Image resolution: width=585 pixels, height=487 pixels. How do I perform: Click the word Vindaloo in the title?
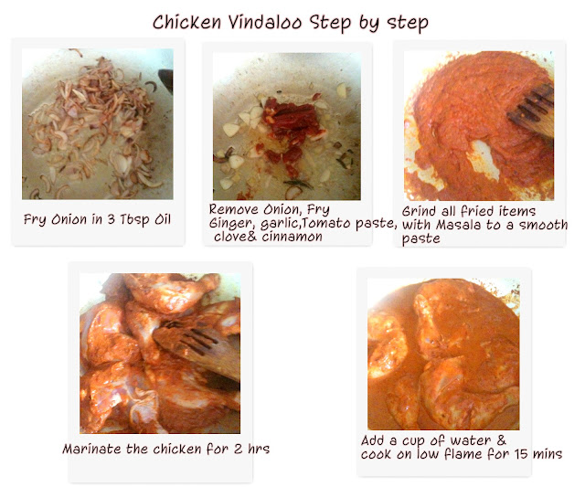265,22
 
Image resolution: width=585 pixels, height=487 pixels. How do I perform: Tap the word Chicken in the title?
186,22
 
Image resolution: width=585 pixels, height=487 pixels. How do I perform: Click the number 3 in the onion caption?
111,219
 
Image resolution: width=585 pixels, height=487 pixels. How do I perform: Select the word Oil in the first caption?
163,219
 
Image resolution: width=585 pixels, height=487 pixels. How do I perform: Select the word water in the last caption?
471,440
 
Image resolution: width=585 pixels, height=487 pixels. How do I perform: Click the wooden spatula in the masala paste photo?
531,111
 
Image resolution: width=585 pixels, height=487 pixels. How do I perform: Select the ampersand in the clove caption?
252,237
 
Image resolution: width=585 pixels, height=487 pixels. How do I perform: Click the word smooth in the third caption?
544,225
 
